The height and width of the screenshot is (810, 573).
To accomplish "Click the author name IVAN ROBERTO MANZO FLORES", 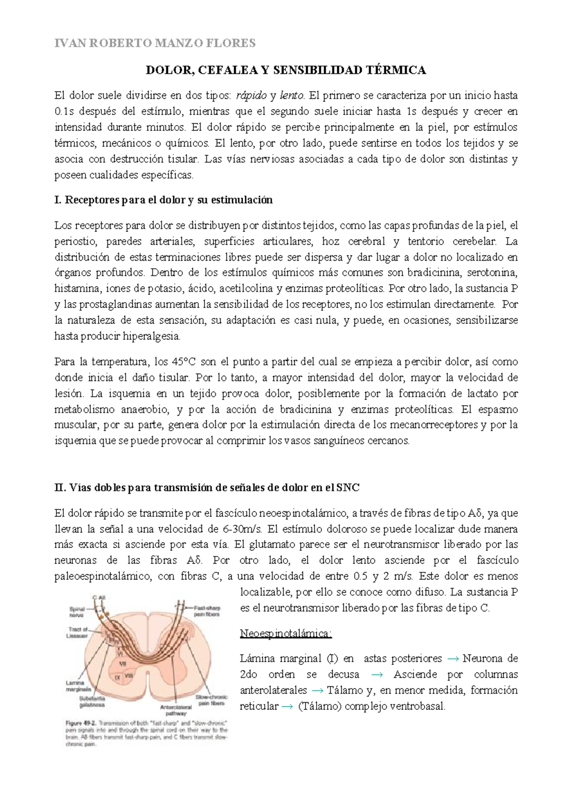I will pos(155,43).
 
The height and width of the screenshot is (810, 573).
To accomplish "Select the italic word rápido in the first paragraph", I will pos(251,95).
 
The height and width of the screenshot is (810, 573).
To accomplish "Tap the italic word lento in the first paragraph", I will pos(292,95).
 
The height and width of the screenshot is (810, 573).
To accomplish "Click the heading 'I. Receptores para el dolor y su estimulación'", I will pos(164,200).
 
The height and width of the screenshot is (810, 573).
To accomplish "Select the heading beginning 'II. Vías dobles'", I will pos(207,488).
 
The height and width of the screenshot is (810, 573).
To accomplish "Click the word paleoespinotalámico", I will pos(102,576).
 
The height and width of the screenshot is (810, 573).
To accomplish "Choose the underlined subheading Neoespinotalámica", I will pos(286,633).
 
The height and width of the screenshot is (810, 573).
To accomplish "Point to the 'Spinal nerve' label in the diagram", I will pos(77,612).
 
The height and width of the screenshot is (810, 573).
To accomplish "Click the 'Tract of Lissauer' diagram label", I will pos(78,632).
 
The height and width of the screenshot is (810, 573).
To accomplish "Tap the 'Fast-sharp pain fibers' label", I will pos(207,611).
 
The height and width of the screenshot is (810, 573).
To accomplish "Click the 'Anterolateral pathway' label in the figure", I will pos(176,710).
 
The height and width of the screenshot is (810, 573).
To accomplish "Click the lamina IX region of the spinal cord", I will pos(117,677).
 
